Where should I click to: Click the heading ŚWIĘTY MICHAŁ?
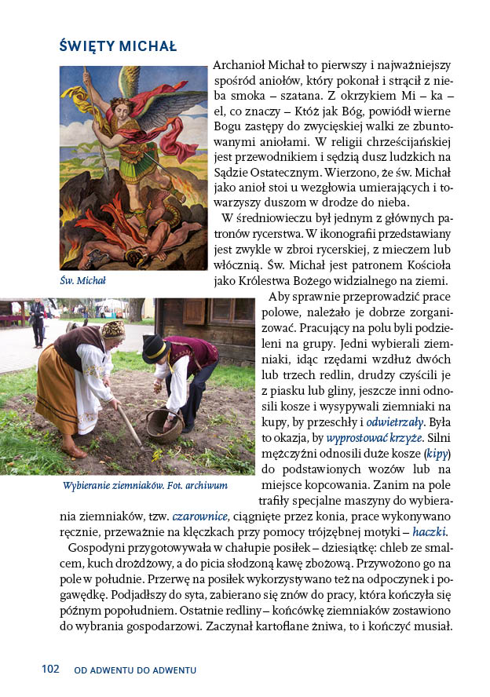tap(118, 46)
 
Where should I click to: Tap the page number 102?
tap(50, 670)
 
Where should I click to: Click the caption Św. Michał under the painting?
tap(82, 280)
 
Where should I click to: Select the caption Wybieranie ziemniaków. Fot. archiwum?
tap(145, 485)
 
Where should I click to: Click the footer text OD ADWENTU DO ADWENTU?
tap(135, 670)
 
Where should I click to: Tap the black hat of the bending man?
tap(154, 347)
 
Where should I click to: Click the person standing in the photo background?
tap(37, 321)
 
